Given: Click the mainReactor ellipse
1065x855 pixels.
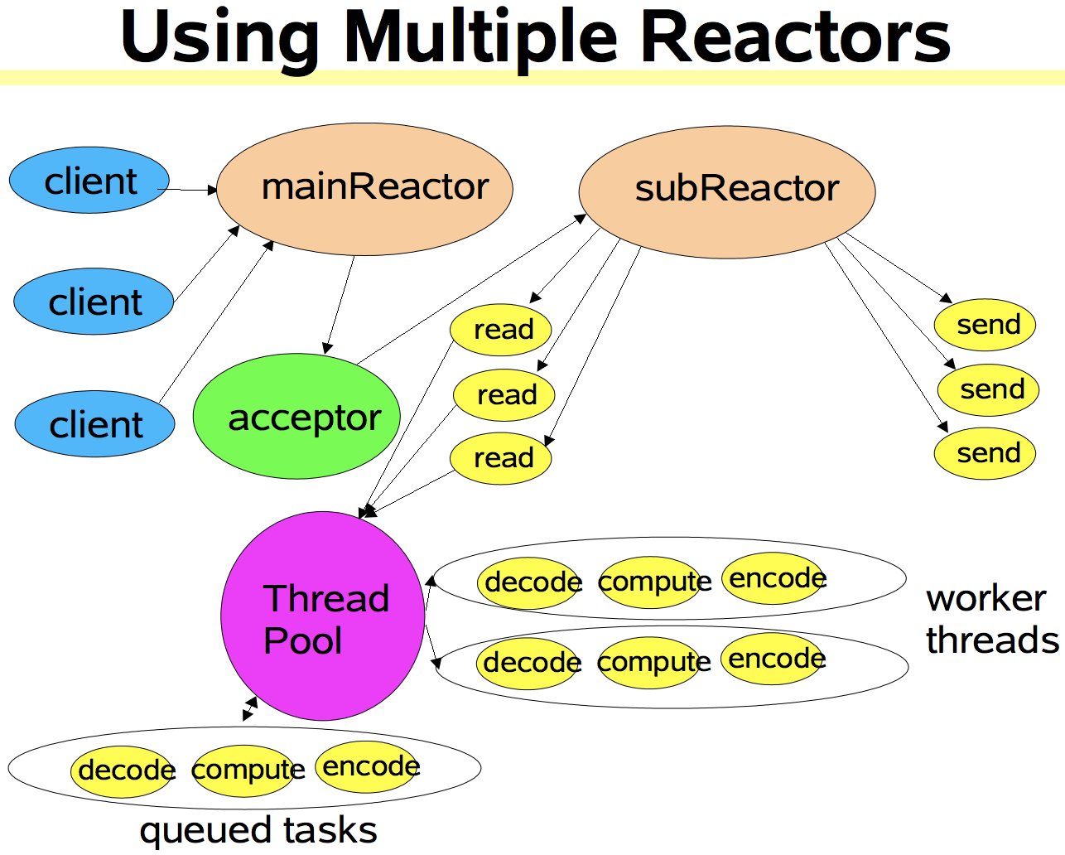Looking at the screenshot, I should [x=364, y=189].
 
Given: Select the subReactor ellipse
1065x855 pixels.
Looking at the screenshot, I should [x=726, y=191].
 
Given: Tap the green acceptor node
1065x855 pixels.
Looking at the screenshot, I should [x=296, y=416].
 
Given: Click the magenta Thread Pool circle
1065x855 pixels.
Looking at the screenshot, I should [x=323, y=616].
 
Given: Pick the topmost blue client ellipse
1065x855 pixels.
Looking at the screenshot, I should [x=89, y=181].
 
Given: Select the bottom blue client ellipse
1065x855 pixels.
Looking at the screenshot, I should [x=94, y=424].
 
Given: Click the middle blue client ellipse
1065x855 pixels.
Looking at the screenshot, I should [x=94, y=302].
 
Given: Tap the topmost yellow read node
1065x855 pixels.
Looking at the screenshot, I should [x=500, y=329].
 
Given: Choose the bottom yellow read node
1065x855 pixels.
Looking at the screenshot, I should [x=500, y=457].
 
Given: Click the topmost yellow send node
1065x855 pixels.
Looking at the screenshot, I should [x=985, y=325].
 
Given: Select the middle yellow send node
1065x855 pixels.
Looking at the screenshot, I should [x=988, y=389].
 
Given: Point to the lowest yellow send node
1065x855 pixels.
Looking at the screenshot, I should [x=985, y=453].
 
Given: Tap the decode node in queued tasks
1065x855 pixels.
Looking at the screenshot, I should [x=123, y=770].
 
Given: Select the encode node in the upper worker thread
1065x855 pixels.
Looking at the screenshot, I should [x=775, y=578].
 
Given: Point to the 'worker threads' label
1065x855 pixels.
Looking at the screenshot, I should [x=991, y=619].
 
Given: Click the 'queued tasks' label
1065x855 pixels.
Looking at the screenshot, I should [x=258, y=830].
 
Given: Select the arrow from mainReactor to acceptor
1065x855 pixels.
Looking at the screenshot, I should [x=340, y=304].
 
